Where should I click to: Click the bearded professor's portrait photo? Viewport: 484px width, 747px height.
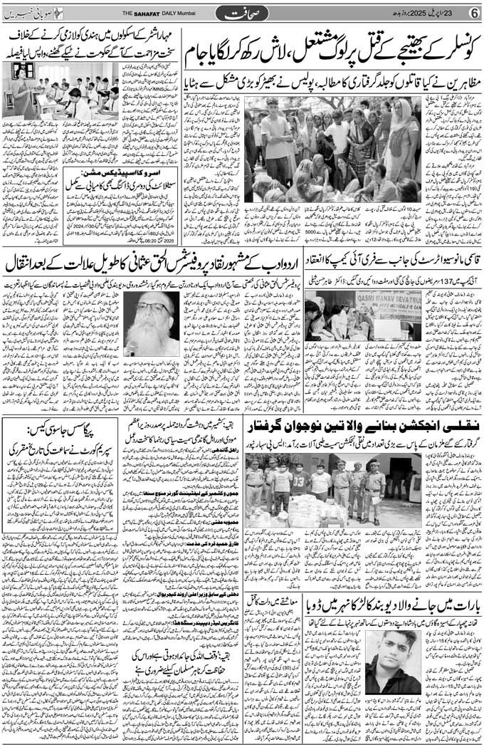[152, 324]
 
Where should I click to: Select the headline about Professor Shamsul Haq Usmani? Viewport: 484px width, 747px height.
[152, 261]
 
